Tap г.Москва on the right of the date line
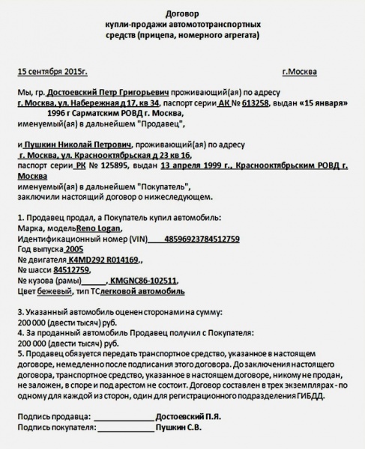[x=299, y=72]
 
